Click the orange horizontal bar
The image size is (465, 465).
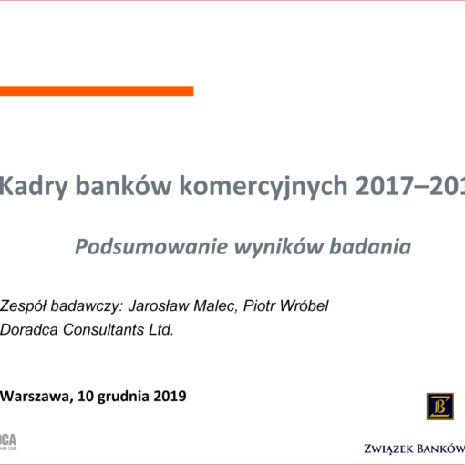pyautogui.click(x=96, y=90)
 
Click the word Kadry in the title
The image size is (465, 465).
pyautogui.click(x=31, y=187)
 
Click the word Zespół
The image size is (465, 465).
pyautogui.click(x=24, y=305)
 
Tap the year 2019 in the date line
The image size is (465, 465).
pyautogui.click(x=170, y=396)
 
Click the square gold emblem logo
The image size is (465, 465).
pyautogui.click(x=439, y=405)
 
